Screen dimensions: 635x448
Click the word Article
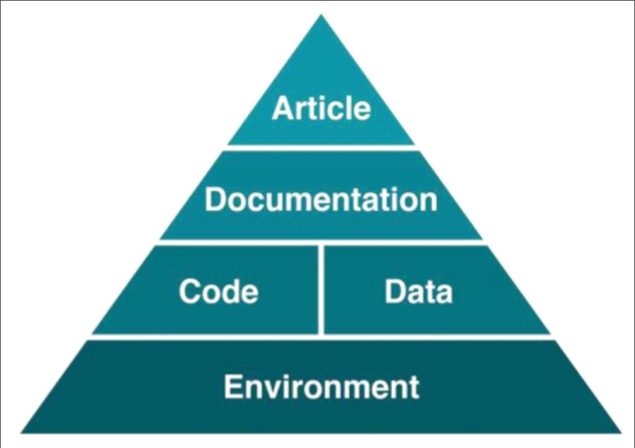click(x=322, y=108)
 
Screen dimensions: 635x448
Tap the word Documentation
click(x=321, y=199)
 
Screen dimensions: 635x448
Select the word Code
click(x=219, y=291)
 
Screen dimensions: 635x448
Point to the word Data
click(x=418, y=291)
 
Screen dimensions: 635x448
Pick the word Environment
click(x=322, y=386)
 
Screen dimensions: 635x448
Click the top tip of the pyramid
click(x=321, y=14)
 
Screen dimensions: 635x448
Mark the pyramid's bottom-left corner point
click(x=21, y=433)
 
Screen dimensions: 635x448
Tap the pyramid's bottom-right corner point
click(x=622, y=433)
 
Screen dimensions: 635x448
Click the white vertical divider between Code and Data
click(x=321, y=290)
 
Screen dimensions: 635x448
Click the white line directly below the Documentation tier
click(x=321, y=243)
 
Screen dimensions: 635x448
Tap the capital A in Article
click(x=282, y=108)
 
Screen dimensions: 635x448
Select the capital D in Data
click(x=395, y=291)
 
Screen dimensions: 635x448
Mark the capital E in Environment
click(x=232, y=386)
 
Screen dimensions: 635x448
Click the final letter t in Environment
click(x=414, y=387)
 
